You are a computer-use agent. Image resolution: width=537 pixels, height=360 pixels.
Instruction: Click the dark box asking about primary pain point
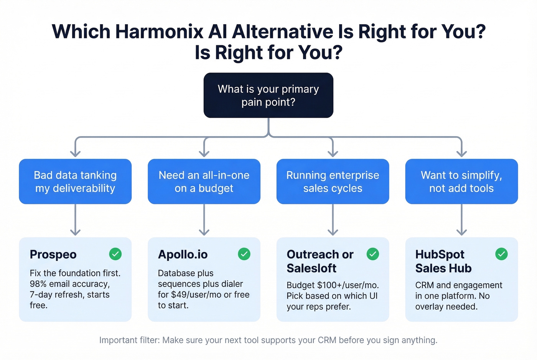click(268, 95)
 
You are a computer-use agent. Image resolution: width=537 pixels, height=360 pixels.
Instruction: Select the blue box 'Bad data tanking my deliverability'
click(75, 181)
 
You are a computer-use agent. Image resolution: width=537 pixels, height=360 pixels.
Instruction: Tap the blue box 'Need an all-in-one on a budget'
click(204, 181)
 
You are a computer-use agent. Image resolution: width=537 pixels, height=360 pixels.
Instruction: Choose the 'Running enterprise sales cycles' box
click(333, 181)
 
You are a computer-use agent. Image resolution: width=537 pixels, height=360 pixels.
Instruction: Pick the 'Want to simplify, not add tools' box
click(461, 181)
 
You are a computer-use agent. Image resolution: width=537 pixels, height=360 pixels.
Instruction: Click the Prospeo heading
click(53, 255)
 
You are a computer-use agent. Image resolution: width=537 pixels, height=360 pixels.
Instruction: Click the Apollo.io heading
click(183, 255)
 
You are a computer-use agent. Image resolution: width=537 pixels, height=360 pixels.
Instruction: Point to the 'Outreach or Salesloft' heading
click(320, 261)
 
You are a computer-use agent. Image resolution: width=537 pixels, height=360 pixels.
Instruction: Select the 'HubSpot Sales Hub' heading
click(443, 261)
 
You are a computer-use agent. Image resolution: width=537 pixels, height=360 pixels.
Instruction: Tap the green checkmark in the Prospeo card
click(115, 254)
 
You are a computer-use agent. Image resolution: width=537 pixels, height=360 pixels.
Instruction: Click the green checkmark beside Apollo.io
click(244, 254)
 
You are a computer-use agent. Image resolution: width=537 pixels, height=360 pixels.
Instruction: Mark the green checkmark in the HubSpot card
click(501, 254)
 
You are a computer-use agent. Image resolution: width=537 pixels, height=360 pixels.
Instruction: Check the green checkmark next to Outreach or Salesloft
click(373, 254)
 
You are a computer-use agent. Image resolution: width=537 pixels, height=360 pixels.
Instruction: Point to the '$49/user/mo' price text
click(196, 295)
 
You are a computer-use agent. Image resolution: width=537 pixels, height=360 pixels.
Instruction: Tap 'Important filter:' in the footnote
click(129, 340)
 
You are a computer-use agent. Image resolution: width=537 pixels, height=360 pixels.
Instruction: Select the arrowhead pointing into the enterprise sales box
click(333, 153)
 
